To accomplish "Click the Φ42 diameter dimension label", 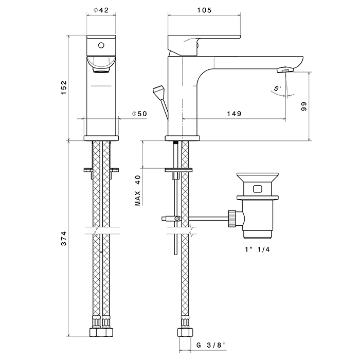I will tap(101, 11).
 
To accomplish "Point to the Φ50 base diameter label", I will tap(139, 114).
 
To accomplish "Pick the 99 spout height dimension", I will tap(304, 106).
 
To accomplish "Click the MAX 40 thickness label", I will tap(137, 190).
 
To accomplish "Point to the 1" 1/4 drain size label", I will tap(257, 250).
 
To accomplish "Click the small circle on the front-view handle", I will tap(100, 44).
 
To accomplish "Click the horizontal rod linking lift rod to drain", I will tap(206, 219).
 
